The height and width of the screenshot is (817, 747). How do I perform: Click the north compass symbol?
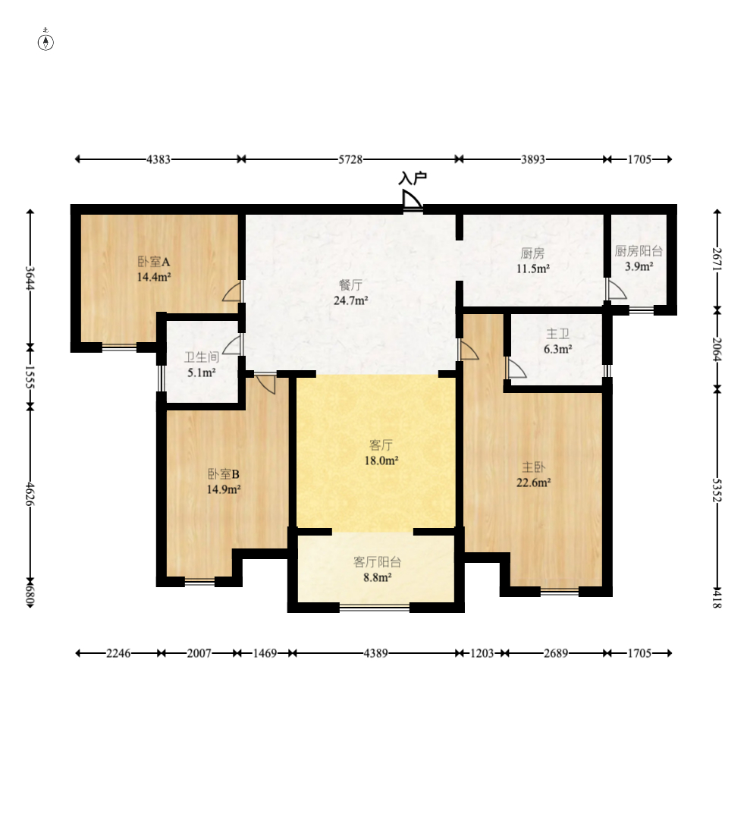[x=46, y=41]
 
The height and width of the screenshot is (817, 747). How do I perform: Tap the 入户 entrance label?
[x=413, y=179]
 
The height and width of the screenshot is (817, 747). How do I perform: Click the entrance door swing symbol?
[x=412, y=200]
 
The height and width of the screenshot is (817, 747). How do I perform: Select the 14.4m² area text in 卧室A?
[x=154, y=277]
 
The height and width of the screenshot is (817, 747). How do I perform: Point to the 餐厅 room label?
[x=350, y=285]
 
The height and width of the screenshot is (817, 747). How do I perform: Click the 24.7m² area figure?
[x=350, y=300]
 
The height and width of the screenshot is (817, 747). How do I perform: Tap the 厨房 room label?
[x=532, y=253]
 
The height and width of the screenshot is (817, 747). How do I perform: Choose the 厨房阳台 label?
[x=639, y=251]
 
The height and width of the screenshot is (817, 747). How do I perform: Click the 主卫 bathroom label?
[x=557, y=334]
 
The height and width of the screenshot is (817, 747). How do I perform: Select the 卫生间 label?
[x=202, y=357]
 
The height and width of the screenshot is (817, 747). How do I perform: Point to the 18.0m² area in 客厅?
[x=381, y=460]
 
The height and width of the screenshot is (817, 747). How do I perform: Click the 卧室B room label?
[x=224, y=474]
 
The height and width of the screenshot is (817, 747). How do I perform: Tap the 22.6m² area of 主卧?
[x=533, y=483]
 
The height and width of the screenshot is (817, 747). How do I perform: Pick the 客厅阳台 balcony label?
[x=377, y=562]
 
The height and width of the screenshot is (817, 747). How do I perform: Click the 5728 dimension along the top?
[x=350, y=159]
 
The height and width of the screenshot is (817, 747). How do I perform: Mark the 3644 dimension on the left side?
[x=30, y=278]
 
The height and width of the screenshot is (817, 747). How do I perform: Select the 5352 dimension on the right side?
[x=717, y=490]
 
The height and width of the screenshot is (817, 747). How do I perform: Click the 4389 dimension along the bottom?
[x=375, y=653]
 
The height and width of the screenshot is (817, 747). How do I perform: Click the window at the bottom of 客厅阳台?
[x=375, y=607]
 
